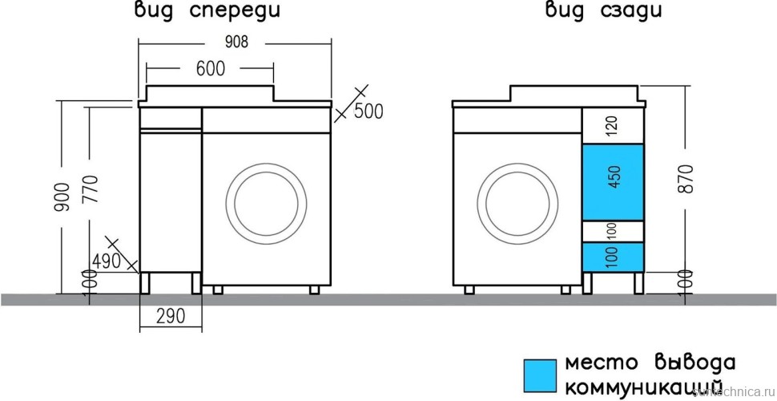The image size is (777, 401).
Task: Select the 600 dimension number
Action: pos(210,70)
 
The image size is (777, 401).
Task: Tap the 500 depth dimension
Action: pos(368,111)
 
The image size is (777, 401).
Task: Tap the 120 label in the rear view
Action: pos(613,126)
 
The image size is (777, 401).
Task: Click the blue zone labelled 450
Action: pos(613,182)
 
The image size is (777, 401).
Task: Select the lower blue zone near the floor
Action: pos(613,256)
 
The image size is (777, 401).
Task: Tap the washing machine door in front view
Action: pos(267,202)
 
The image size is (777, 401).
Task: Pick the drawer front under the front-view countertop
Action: pos(171,118)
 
